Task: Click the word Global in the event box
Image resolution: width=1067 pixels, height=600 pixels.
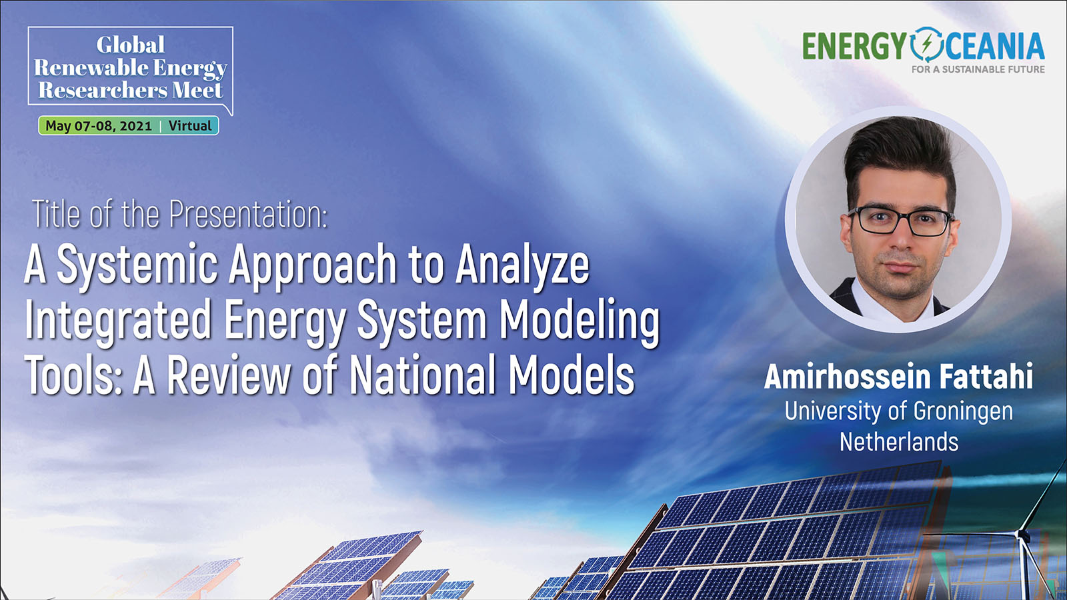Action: (x=130, y=45)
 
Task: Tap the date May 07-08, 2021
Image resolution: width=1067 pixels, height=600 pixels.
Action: (x=99, y=126)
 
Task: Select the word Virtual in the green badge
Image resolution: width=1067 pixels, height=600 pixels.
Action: (x=189, y=126)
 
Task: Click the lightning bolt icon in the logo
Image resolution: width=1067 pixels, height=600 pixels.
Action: (x=926, y=45)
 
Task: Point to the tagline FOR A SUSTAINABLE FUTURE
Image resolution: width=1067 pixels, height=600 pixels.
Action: (x=978, y=69)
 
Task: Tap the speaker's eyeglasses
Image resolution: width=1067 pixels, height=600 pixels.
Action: (x=900, y=221)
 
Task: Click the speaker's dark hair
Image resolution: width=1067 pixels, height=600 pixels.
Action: (x=900, y=153)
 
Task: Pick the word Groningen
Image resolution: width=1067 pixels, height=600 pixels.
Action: (x=963, y=412)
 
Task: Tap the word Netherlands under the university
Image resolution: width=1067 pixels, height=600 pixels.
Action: (x=899, y=441)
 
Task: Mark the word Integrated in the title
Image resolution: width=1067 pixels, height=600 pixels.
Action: (x=118, y=321)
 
